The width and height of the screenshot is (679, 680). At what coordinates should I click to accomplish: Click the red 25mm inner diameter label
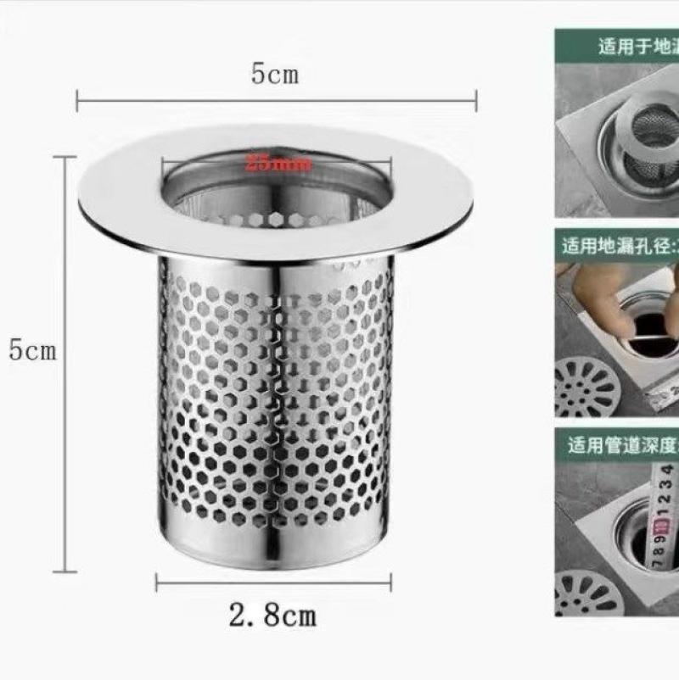278,164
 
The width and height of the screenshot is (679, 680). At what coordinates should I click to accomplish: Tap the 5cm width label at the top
274,75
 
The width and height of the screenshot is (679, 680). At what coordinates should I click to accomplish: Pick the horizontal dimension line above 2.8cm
273,582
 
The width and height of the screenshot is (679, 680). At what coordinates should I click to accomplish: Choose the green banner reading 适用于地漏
617,45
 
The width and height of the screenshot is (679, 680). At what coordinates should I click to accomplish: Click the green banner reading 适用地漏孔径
617,246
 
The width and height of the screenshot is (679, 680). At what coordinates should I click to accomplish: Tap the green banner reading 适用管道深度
617,444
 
